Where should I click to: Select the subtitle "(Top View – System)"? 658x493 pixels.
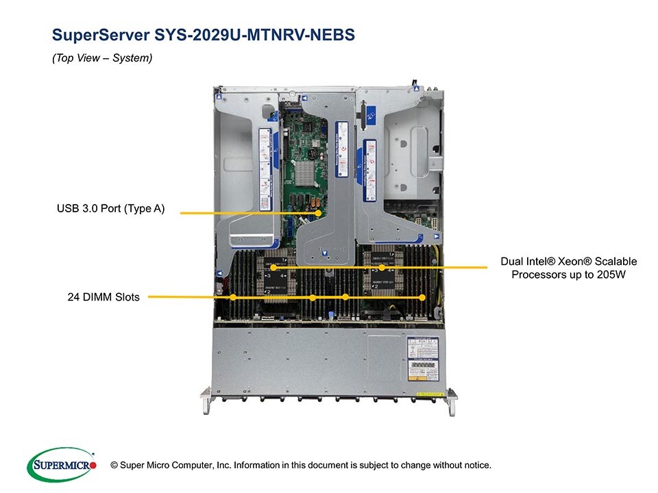pos(102,58)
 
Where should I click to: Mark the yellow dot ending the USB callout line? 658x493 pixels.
pos(319,213)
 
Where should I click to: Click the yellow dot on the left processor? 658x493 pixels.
pos(272,267)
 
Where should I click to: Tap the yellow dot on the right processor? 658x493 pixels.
pos(382,266)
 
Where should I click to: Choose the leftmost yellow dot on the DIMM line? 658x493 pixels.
pos(234,297)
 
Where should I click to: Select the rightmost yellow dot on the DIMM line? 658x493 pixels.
pos(422,297)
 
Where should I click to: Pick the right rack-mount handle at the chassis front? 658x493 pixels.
pos(451,402)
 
